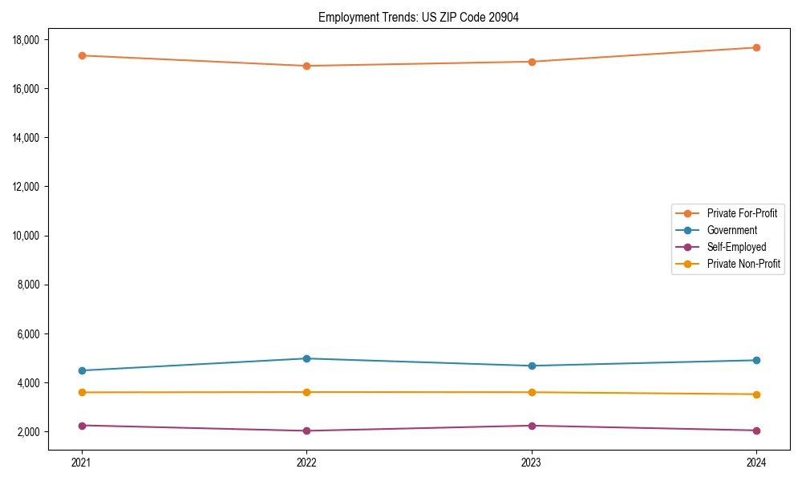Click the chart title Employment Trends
(x=419, y=18)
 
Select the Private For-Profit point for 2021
(x=82, y=55)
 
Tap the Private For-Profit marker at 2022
(x=306, y=66)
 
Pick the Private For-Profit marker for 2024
(x=756, y=47)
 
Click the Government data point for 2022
(x=306, y=358)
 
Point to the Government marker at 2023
(x=532, y=366)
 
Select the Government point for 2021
(x=82, y=370)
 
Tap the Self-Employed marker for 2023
(x=532, y=426)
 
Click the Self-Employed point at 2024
(x=756, y=430)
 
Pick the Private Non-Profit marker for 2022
(x=306, y=392)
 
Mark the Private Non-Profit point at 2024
(x=756, y=394)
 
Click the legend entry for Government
(x=731, y=230)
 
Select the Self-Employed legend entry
(x=736, y=247)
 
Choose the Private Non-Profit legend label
(x=743, y=264)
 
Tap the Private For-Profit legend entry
(x=742, y=213)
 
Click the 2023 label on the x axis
(x=532, y=462)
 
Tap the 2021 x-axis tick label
(x=82, y=462)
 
